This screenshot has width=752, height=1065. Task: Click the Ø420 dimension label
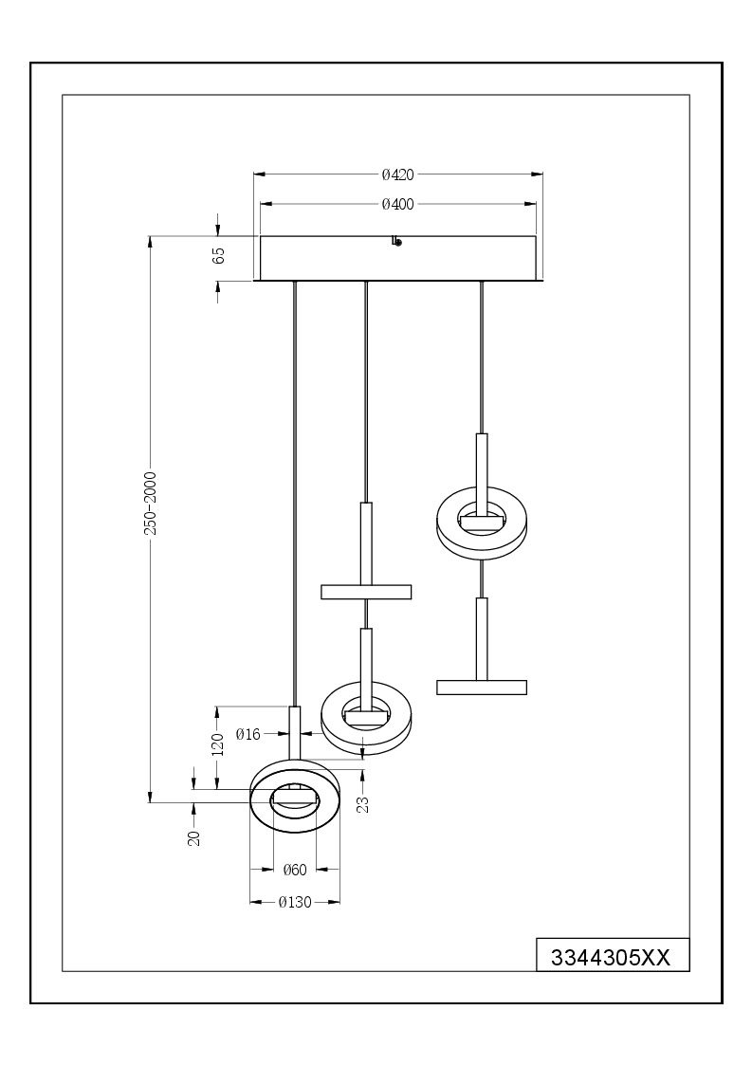pos(397,174)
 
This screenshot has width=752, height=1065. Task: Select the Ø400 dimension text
pos(397,204)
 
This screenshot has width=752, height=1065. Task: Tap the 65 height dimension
pos(218,256)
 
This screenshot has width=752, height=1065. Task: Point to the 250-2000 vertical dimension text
pos(150,503)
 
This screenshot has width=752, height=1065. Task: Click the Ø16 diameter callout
pos(248,733)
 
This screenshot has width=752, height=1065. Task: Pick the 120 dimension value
pos(218,744)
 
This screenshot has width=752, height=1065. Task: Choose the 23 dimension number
pos(363,803)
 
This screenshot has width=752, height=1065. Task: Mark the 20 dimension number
pos(194,837)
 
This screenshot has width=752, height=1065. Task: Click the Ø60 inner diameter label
pos(295,870)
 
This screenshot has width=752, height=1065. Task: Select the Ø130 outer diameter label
pos(295,902)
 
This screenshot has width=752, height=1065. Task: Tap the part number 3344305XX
pos(611,958)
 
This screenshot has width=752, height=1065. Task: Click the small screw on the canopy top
pos(396,241)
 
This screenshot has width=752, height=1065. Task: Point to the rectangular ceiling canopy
pos(398,258)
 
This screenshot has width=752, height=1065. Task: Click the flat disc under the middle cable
pos(366,592)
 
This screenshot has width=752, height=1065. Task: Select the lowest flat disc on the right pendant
pos(482,687)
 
